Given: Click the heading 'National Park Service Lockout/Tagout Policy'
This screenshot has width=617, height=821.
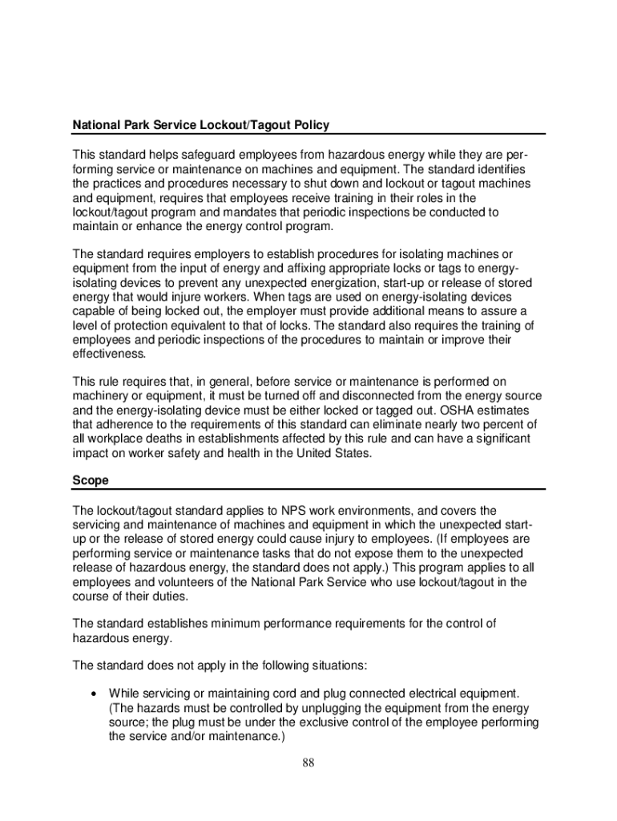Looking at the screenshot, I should coord(201,126).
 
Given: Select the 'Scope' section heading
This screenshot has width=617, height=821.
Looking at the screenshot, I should coord(91,481).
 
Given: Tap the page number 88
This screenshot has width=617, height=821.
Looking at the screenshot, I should coord(308,762).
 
